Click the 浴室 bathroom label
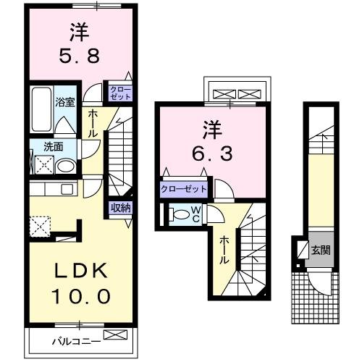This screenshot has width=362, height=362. pyautogui.click(x=66, y=102)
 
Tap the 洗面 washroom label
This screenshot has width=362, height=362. pyautogui.click(x=54, y=146)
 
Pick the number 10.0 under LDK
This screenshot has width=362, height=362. pyautogui.click(x=81, y=295)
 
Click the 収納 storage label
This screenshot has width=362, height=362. pyautogui.click(x=120, y=208)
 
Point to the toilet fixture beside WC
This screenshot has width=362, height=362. pyautogui.click(x=177, y=214)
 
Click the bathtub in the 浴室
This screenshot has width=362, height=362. pyautogui.click(x=41, y=106)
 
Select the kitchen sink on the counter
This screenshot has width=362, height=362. pyautogui.click(x=66, y=190)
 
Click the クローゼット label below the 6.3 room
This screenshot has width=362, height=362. pyautogui.click(x=184, y=189)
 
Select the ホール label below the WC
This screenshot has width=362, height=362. pyautogui.click(x=224, y=249)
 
